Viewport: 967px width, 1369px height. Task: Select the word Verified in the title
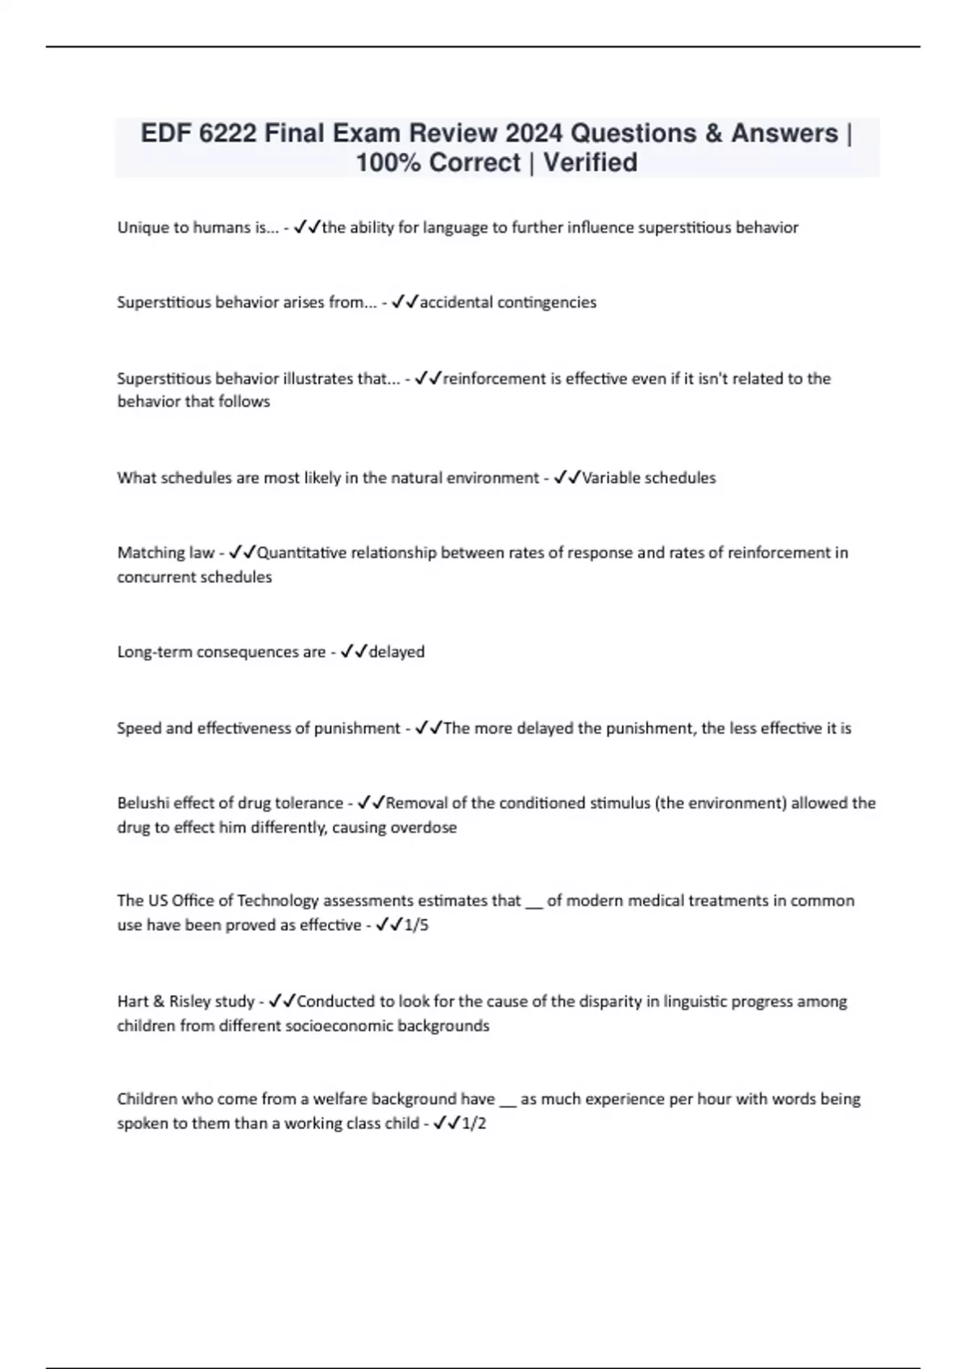pyautogui.click(x=590, y=163)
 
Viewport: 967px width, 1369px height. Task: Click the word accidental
pyautogui.click(x=455, y=303)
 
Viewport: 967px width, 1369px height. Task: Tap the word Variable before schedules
pyautogui.click(x=612, y=478)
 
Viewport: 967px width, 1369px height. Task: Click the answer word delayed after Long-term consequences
pyautogui.click(x=396, y=652)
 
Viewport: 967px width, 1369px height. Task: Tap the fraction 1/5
pyautogui.click(x=417, y=925)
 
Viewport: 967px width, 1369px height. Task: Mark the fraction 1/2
pyautogui.click(x=474, y=1123)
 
